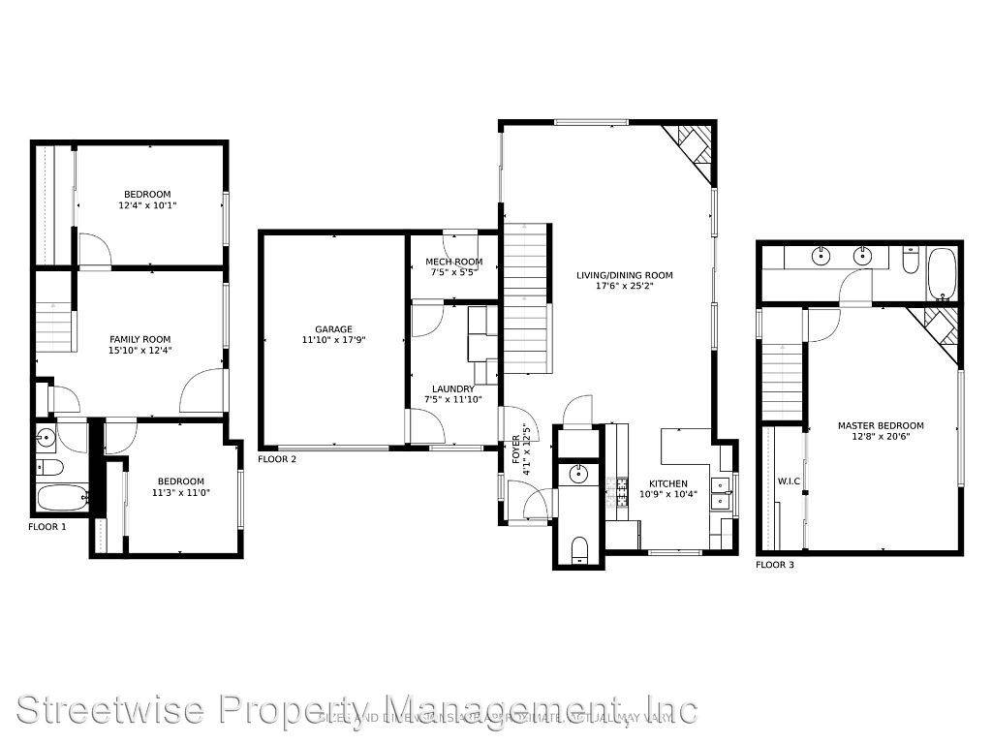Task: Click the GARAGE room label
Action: [333, 329]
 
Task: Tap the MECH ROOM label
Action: [454, 262]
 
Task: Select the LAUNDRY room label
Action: [453, 389]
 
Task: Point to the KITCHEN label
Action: [668, 484]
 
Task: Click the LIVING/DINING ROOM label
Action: [624, 276]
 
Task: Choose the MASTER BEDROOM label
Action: [880, 425]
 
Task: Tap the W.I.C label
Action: [787, 481]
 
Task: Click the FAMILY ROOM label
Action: [140, 339]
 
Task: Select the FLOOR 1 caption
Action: [46, 527]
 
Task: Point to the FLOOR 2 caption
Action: [277, 459]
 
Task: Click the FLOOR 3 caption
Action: [775, 564]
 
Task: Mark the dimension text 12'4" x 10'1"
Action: [147, 205]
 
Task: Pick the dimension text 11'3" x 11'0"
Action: [181, 493]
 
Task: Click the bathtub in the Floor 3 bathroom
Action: [942, 273]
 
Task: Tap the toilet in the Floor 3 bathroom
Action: [911, 262]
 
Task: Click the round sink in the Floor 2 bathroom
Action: [578, 475]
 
